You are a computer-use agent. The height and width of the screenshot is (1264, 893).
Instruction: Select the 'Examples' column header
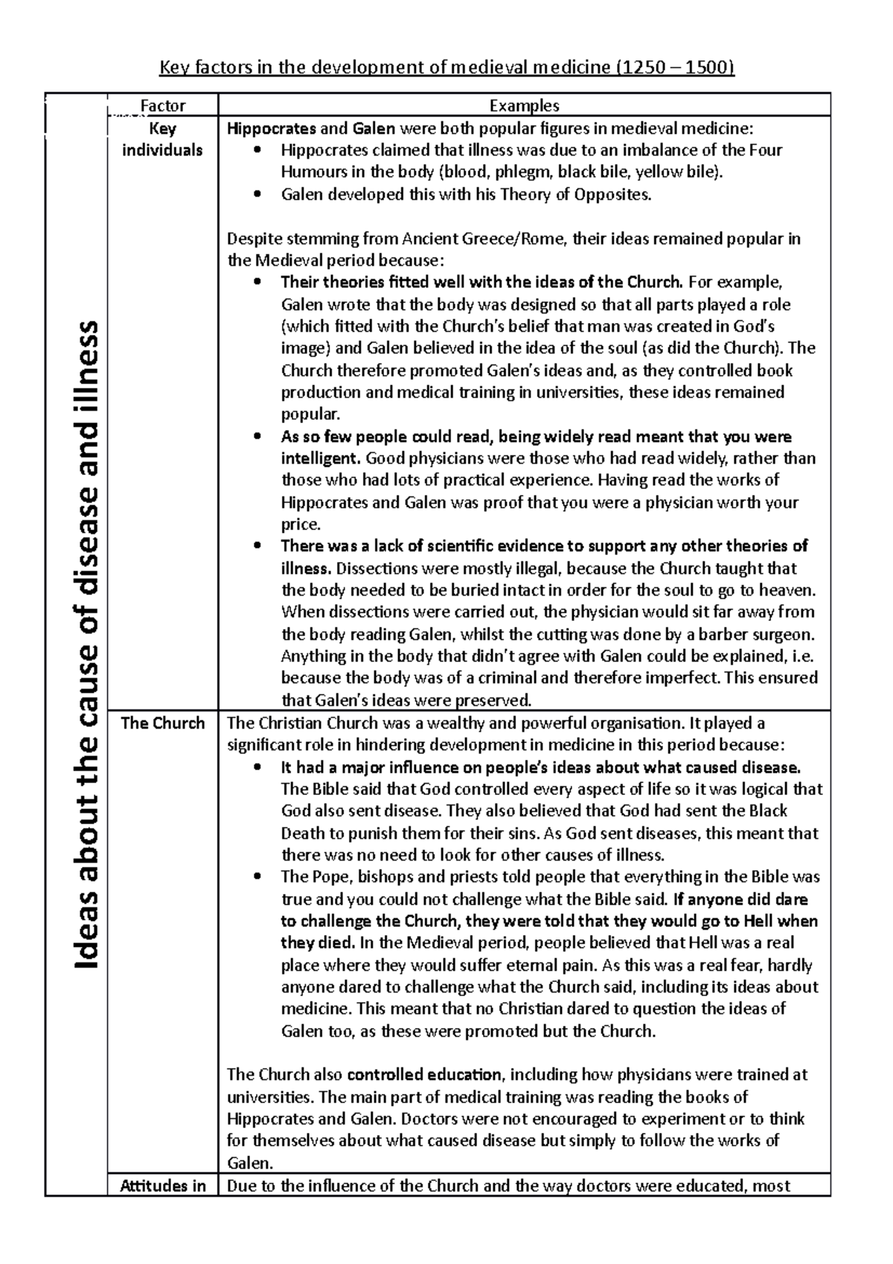524,106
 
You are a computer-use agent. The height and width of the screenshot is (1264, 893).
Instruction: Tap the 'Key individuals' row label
162,139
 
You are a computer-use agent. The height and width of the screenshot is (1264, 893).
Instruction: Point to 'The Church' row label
162,724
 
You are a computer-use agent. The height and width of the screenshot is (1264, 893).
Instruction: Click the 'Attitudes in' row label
162,1186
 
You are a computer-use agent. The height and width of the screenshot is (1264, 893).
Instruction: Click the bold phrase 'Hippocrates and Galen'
310,128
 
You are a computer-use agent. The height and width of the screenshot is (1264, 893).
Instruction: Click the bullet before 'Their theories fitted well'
257,283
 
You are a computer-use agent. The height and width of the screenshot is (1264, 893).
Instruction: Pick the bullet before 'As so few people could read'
257,437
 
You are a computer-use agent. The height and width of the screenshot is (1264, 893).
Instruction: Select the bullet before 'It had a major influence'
257,767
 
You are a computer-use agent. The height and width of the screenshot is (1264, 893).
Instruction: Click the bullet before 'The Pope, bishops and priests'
257,877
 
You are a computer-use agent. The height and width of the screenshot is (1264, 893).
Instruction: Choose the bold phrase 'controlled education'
424,1075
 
